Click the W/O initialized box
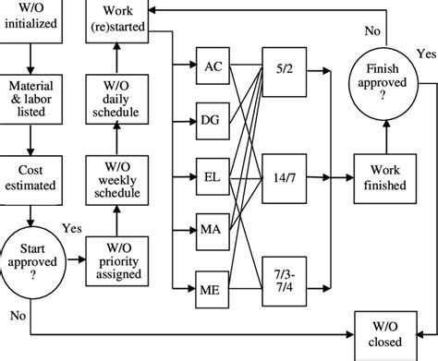point(30,17)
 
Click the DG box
point(209,119)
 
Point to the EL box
point(209,173)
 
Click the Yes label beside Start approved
point(72,227)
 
